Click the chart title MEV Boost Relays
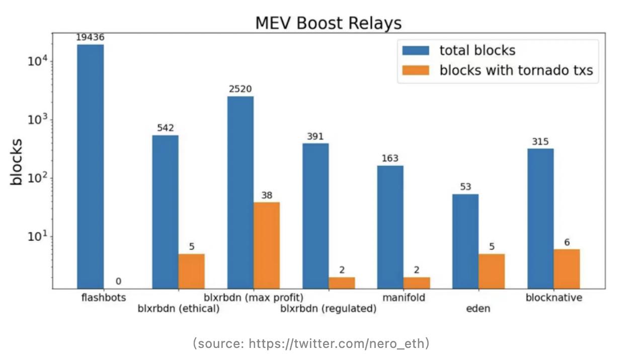pos(328,23)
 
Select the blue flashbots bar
pos(91,166)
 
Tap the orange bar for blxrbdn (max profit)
pos(267,245)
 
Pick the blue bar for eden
pos(465,241)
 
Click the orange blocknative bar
pos(567,268)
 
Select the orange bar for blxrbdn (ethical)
pos(191,271)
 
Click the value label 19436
pos(91,38)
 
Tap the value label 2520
pos(240,89)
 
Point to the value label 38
pos(267,195)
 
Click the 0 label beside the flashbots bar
pos(118,282)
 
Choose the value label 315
pos(540,142)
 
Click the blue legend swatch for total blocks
pos(415,51)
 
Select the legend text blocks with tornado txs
pos(516,70)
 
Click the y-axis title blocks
pos(17,162)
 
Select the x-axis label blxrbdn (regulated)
pos(328,309)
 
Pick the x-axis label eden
pos(478,309)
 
